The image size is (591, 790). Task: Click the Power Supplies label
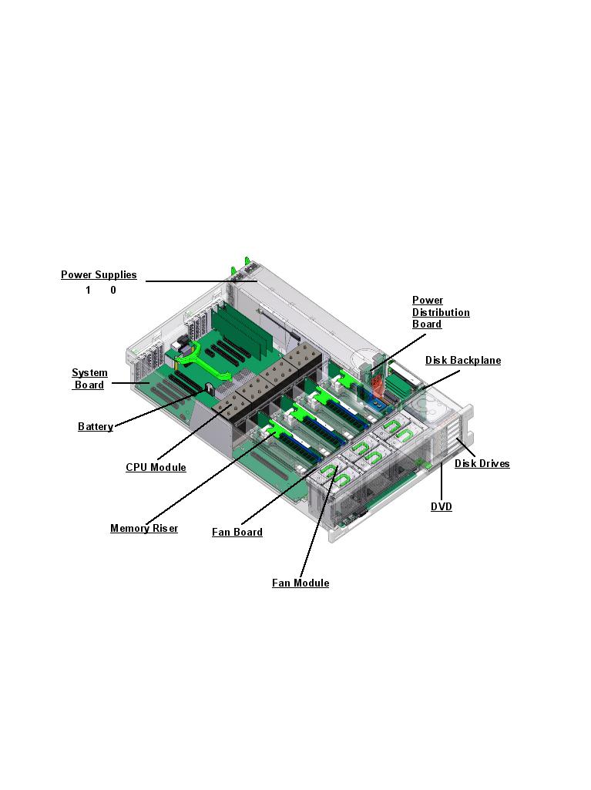pyautogui.click(x=99, y=275)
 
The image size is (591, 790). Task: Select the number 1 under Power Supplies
pyautogui.click(x=88, y=291)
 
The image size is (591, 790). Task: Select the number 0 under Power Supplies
pyautogui.click(x=113, y=291)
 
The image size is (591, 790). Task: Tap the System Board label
pyautogui.click(x=89, y=379)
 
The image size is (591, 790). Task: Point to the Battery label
pyautogui.click(x=96, y=427)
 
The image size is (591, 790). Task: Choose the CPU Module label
pyautogui.click(x=156, y=468)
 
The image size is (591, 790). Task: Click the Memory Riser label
pyautogui.click(x=144, y=529)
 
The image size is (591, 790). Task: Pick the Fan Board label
pyautogui.click(x=237, y=533)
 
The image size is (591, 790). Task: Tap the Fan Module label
pyautogui.click(x=301, y=583)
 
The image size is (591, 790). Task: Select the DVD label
pyautogui.click(x=442, y=507)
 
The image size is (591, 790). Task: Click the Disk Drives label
pyautogui.click(x=482, y=464)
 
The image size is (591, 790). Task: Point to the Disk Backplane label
pyautogui.click(x=463, y=361)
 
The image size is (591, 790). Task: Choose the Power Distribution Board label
pyautogui.click(x=441, y=312)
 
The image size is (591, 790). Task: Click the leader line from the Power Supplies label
pyautogui.click(x=200, y=281)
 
